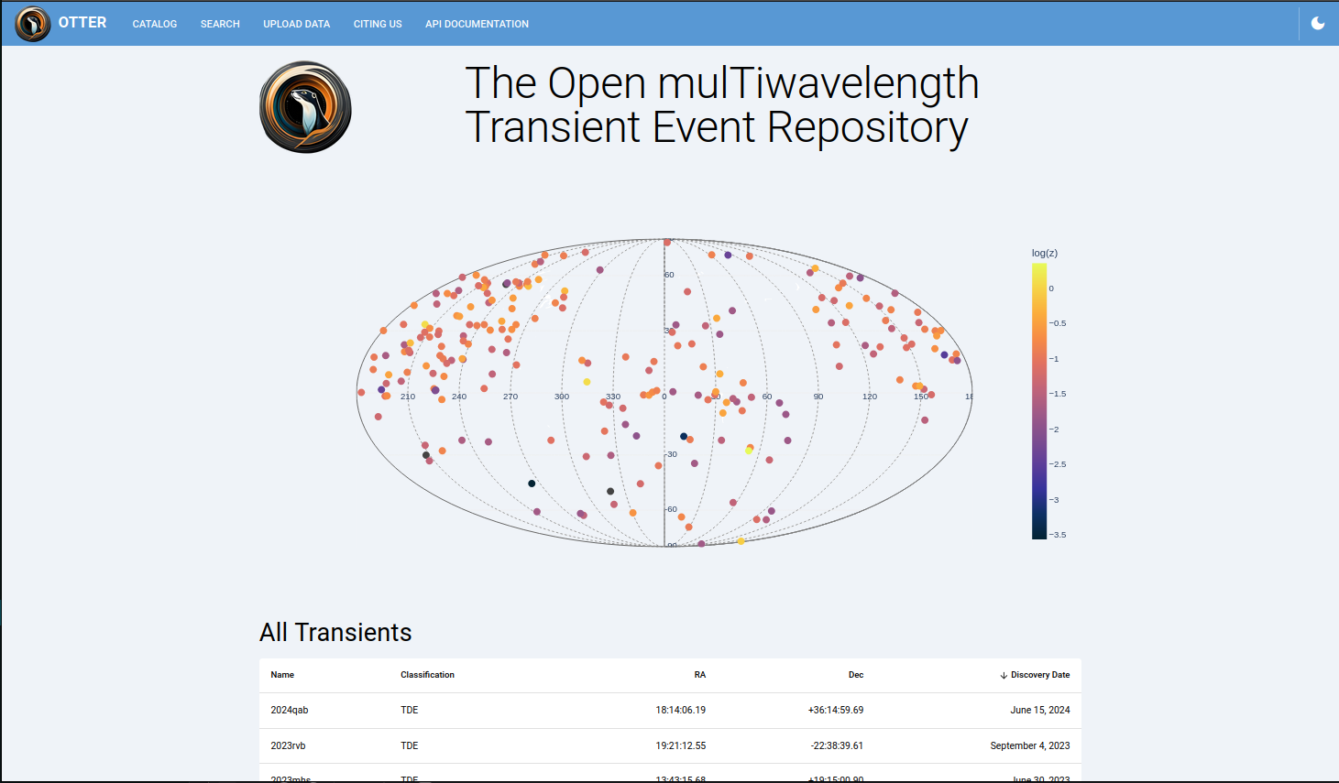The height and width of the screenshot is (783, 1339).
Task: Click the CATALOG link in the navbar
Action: [154, 24]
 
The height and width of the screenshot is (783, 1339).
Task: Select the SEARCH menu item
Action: [220, 24]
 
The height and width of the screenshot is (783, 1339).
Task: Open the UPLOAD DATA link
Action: [296, 24]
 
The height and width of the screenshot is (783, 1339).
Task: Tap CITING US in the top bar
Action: [378, 24]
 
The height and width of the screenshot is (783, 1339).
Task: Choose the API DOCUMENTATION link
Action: [477, 24]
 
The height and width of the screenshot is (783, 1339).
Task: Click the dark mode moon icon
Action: [1318, 23]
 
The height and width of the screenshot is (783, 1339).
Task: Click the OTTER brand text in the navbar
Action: [82, 22]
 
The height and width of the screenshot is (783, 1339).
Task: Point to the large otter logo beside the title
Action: [305, 107]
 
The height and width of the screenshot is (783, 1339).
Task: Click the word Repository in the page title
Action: [867, 127]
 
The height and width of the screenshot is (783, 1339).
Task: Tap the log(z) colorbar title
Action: [1044, 253]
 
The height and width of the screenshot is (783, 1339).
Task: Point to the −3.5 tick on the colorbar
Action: [1058, 535]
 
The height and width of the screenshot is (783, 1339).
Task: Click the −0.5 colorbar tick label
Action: [1058, 323]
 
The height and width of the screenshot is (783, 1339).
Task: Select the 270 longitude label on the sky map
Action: [510, 397]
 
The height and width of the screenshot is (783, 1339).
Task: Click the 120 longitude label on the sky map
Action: [870, 397]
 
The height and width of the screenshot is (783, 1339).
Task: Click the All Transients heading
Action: [335, 633]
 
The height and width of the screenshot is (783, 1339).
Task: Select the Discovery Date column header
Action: [1039, 675]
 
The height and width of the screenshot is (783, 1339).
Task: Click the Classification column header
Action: [427, 675]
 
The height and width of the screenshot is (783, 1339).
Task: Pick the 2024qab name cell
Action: [290, 710]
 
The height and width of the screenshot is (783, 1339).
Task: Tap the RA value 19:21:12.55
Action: [680, 745]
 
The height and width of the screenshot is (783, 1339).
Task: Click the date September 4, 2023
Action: [1029, 745]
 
